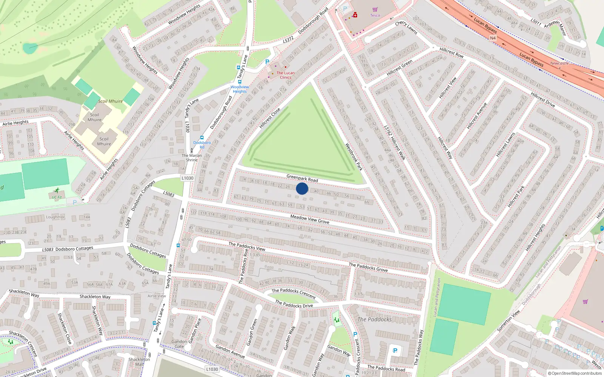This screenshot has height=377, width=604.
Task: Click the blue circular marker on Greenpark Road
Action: pos(302,188)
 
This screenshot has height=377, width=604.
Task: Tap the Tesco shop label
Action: pos(375,15)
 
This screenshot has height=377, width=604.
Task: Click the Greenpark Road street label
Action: pos(302,178)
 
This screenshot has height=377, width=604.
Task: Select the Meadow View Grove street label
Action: pos(310,219)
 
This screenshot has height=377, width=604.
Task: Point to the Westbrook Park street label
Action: pos(354,157)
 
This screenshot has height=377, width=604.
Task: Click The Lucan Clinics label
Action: pos(285,75)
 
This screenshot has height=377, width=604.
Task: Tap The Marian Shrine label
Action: pos(192,158)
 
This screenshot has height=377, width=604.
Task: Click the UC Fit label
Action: pos(57,197)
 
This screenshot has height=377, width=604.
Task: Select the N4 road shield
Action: pos(493,38)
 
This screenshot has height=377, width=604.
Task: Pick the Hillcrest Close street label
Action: pos(270,118)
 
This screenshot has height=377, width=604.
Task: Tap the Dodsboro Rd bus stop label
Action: pos(202,145)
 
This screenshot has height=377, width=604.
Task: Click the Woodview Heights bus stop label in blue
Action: pos(240,89)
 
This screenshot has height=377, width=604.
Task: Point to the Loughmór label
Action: pos(55,217)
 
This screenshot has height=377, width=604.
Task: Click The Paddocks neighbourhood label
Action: pos(374,319)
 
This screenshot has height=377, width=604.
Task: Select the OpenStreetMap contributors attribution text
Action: pos(575,373)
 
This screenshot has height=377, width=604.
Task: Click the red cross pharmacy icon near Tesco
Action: pos(355,15)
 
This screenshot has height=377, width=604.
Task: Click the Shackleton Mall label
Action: pos(139,362)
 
